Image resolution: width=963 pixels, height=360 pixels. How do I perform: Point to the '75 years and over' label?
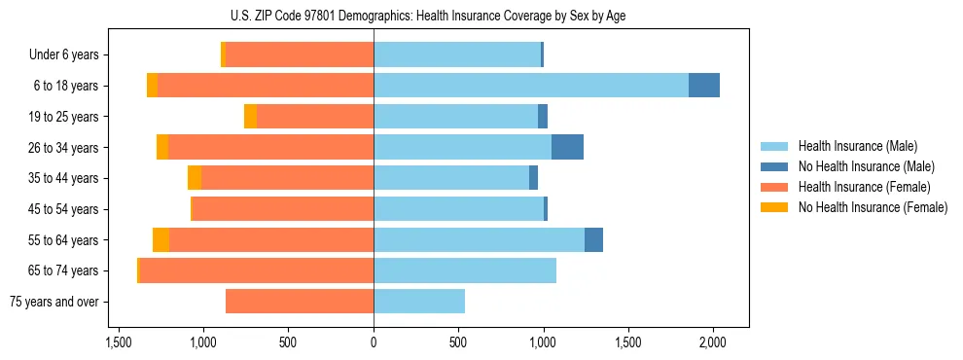point(53,302)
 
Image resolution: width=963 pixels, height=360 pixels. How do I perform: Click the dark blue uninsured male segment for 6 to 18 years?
point(704,86)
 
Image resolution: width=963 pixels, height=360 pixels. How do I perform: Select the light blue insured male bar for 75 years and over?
point(419,302)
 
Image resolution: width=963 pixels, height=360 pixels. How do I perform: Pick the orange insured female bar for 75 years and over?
point(300,302)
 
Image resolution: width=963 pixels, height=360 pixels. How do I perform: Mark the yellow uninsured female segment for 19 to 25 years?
point(250,117)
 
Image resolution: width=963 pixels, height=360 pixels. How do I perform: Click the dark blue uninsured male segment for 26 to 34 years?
point(567,147)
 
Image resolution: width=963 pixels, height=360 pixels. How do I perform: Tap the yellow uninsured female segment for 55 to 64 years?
point(160,240)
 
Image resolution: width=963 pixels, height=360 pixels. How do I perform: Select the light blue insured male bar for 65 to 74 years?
point(465,270)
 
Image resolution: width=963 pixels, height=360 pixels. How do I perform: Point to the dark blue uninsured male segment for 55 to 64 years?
point(593,240)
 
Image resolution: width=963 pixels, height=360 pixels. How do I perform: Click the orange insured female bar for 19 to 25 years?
point(315,117)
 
